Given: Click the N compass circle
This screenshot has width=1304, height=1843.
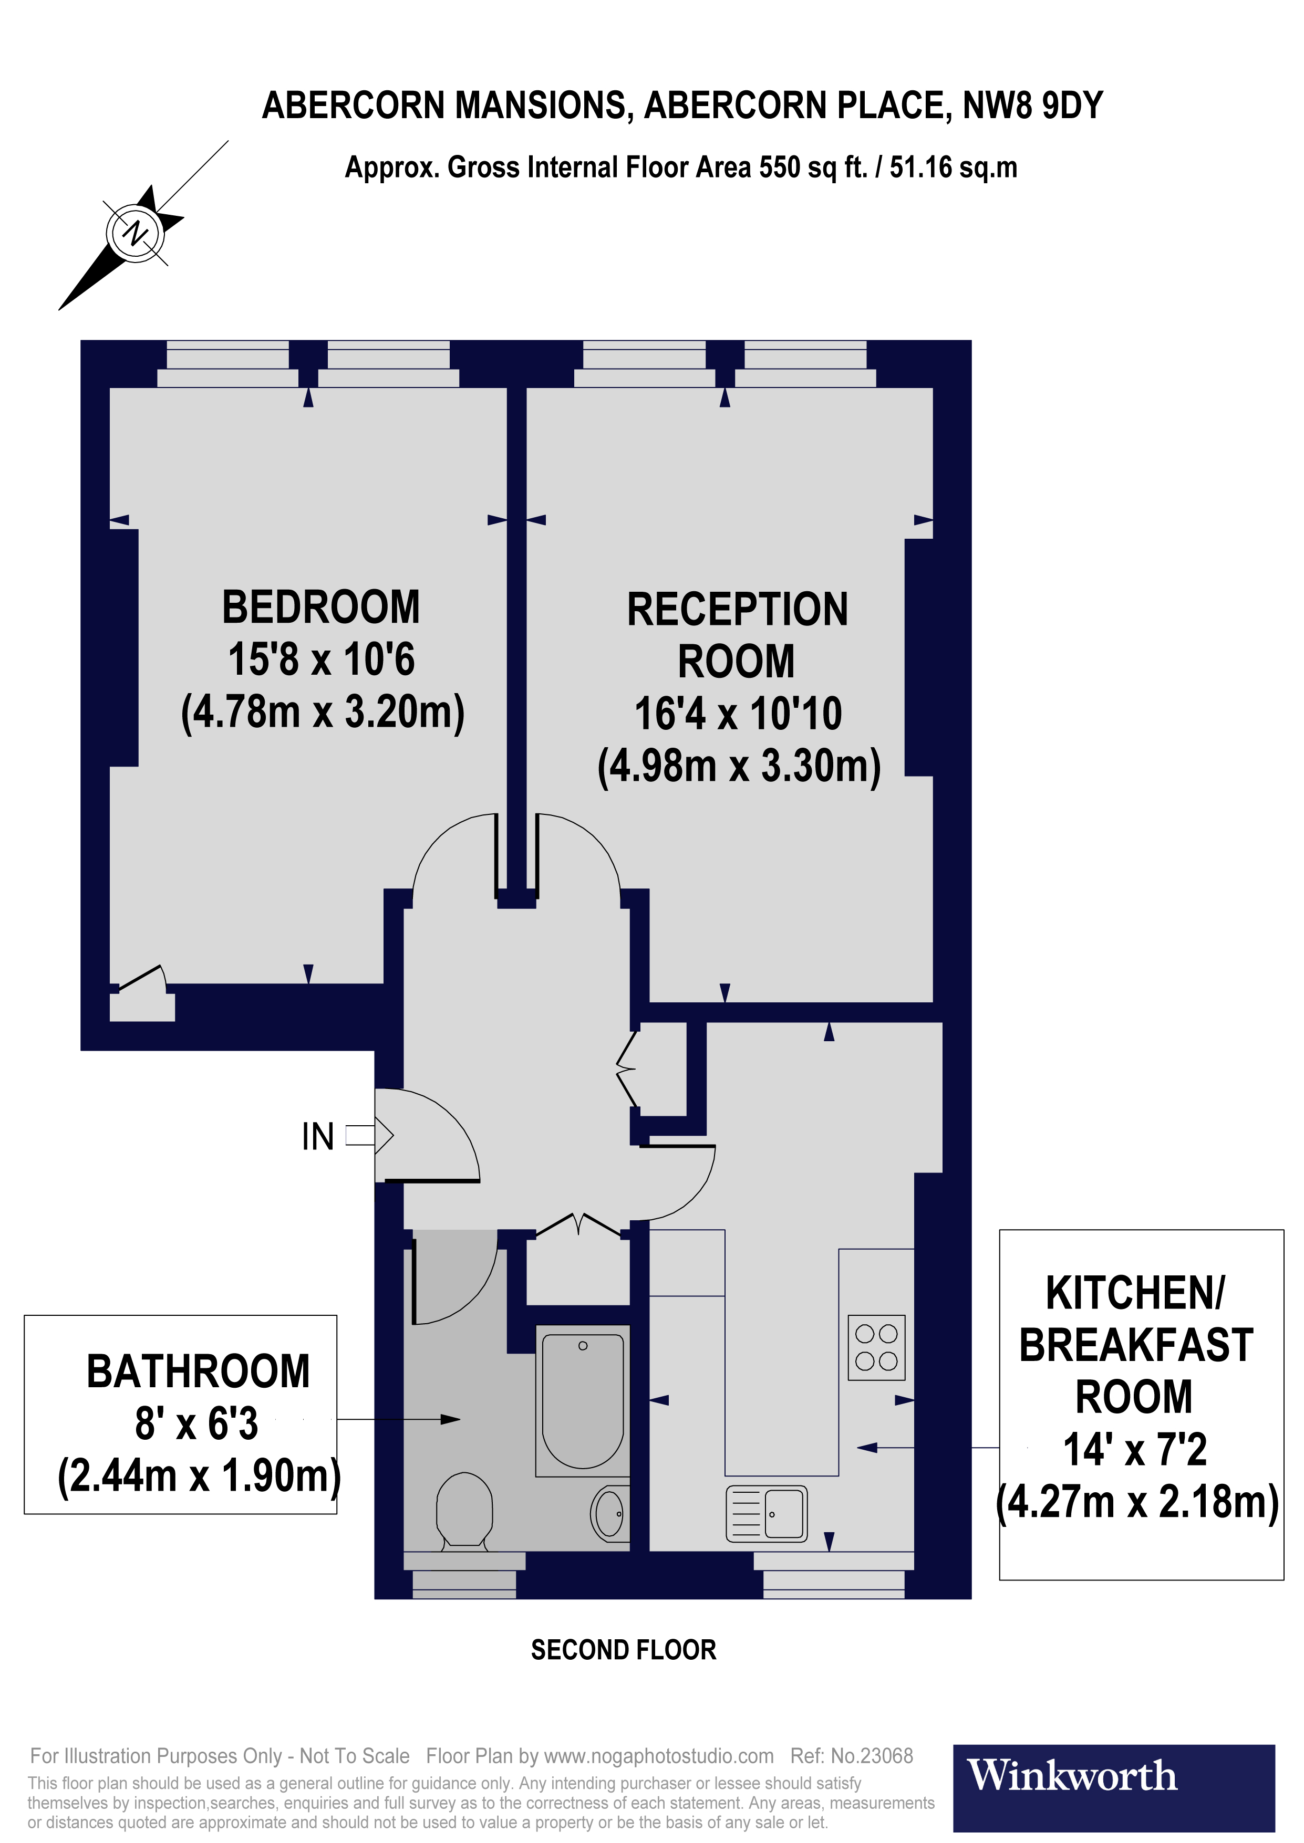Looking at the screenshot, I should point(135,233).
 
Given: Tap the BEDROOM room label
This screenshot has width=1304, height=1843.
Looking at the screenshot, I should point(320,608).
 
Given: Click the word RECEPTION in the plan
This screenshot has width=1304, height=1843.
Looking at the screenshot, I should point(737,610).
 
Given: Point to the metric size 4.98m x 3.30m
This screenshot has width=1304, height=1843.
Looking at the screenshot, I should point(739,767).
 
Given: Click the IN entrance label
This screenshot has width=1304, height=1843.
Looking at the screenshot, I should point(318,1137).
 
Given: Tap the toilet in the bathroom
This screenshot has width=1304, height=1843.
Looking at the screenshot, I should point(464,1509).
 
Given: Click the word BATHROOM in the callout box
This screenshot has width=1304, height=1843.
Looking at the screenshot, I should point(198,1372).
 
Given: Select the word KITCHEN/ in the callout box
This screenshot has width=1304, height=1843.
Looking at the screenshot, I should point(1135,1293).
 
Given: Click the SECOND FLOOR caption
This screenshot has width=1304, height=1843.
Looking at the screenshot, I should point(623,1650).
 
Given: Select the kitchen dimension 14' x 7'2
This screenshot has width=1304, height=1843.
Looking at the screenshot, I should point(1135,1450).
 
